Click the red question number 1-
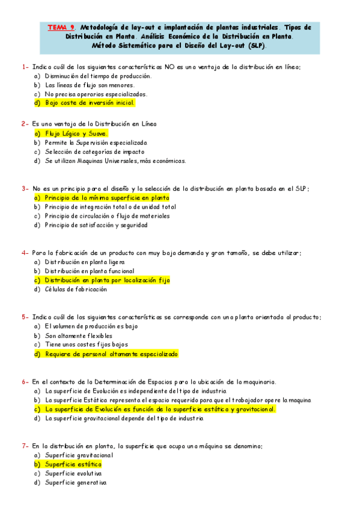click(x=25, y=67)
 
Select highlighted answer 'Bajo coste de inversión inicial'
click(x=90, y=103)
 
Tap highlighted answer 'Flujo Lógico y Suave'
click(x=76, y=134)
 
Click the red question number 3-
click(x=25, y=188)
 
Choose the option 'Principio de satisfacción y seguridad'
click(x=96, y=225)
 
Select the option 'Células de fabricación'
click(x=76, y=289)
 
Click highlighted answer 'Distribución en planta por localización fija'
click(x=108, y=280)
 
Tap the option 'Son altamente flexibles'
click(x=79, y=336)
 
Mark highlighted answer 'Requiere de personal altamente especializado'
click(x=111, y=354)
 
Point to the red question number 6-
click(x=25, y=381)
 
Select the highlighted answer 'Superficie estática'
click(x=73, y=464)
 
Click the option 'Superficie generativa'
click(x=76, y=483)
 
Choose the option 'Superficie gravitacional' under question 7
click(x=79, y=455)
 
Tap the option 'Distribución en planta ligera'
click(x=85, y=262)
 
